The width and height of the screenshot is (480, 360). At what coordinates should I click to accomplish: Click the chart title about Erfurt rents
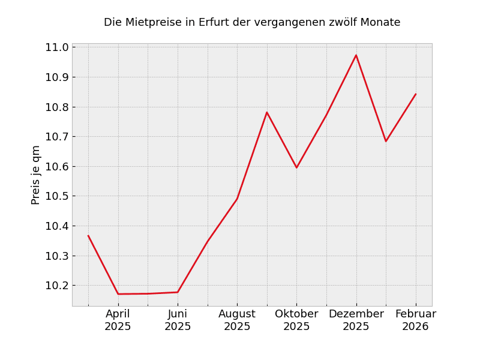tap(252, 23)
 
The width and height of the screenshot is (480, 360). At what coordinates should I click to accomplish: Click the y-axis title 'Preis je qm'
tap(36, 175)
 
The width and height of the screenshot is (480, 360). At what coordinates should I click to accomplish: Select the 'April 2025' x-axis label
tap(118, 320)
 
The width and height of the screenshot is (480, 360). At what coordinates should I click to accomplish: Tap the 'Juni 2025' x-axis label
tap(178, 320)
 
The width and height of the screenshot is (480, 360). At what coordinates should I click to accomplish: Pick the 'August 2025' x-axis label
tap(237, 320)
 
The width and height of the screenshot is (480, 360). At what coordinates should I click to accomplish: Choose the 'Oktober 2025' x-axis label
tap(296, 320)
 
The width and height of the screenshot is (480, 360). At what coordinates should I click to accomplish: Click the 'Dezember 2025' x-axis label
tap(356, 320)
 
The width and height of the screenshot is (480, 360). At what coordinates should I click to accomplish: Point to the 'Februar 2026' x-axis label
tap(415, 320)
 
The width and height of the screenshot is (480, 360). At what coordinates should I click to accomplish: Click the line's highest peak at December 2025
tap(356, 55)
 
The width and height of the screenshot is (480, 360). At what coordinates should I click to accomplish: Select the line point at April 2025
tap(118, 294)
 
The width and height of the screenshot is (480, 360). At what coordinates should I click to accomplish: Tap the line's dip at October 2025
tap(296, 167)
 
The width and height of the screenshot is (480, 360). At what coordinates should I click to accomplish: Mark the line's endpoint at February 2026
tap(416, 94)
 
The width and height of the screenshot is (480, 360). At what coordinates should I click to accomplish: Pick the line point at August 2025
tap(237, 199)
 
